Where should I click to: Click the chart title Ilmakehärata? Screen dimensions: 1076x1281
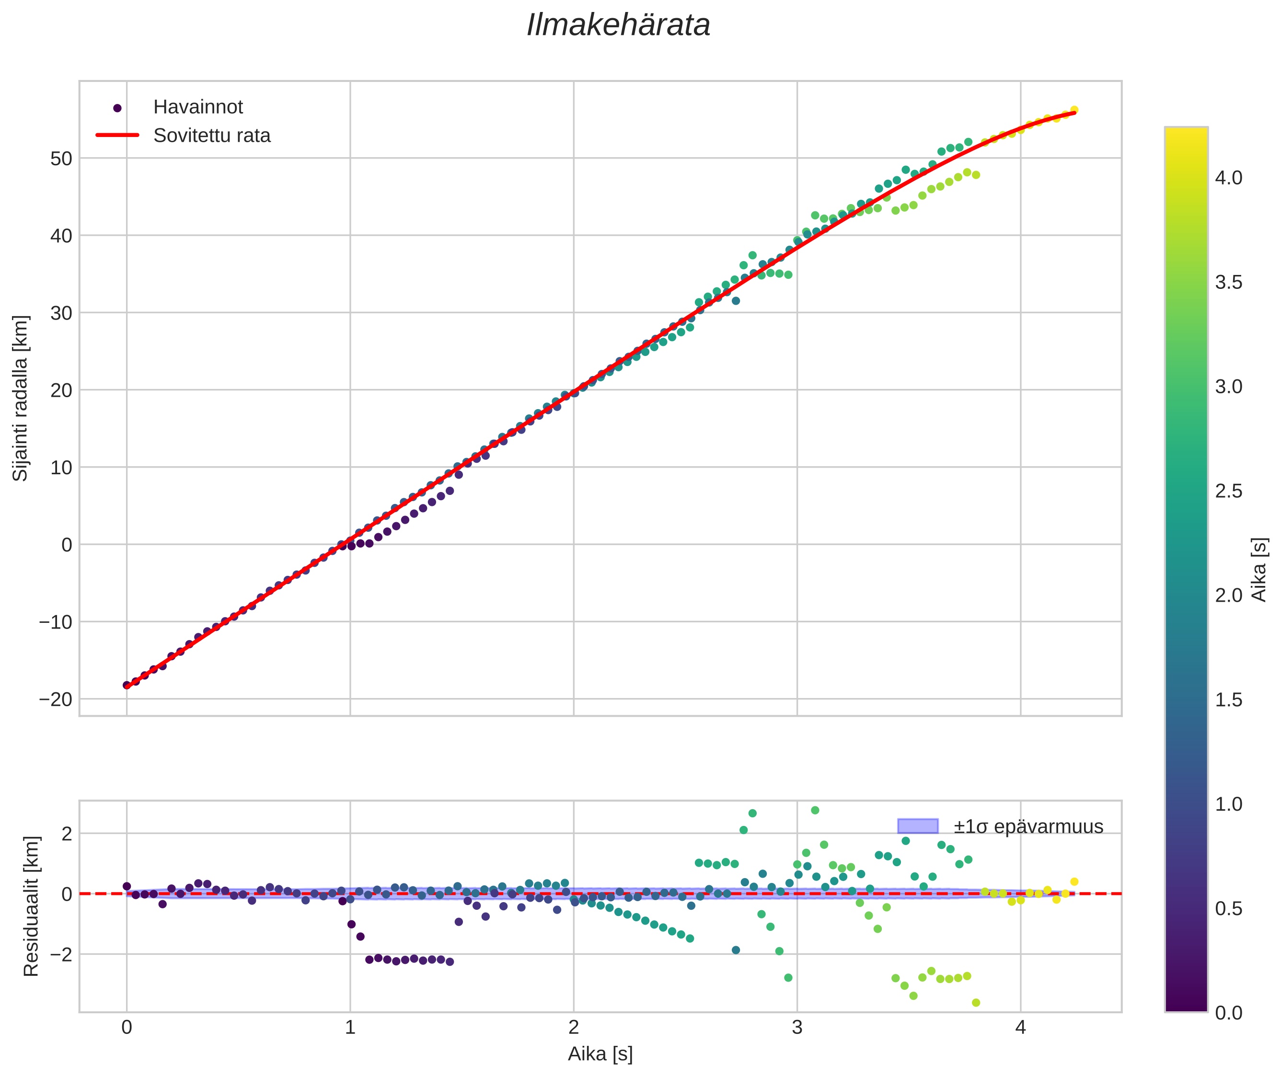(x=618, y=25)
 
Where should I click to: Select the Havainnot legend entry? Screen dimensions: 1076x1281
(x=198, y=107)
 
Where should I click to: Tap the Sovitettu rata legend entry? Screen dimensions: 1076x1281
(x=212, y=136)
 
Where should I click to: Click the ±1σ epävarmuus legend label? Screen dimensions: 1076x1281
(x=1028, y=826)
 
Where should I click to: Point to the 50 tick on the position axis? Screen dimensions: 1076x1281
(x=61, y=159)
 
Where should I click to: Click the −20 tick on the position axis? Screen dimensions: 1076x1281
(x=56, y=699)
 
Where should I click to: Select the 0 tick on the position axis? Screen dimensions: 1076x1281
(x=67, y=545)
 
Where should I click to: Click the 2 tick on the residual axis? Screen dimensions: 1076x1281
(x=67, y=834)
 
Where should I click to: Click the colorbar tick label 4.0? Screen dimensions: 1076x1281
(x=1228, y=178)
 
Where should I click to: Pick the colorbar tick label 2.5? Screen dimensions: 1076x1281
(x=1228, y=491)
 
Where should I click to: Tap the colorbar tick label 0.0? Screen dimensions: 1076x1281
(x=1228, y=1013)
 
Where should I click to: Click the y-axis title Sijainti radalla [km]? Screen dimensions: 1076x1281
(x=21, y=398)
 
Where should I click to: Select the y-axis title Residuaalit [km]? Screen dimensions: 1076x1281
(x=31, y=906)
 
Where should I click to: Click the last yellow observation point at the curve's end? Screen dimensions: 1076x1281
(x=1073, y=110)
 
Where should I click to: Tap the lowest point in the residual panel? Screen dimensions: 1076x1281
(x=975, y=1003)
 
